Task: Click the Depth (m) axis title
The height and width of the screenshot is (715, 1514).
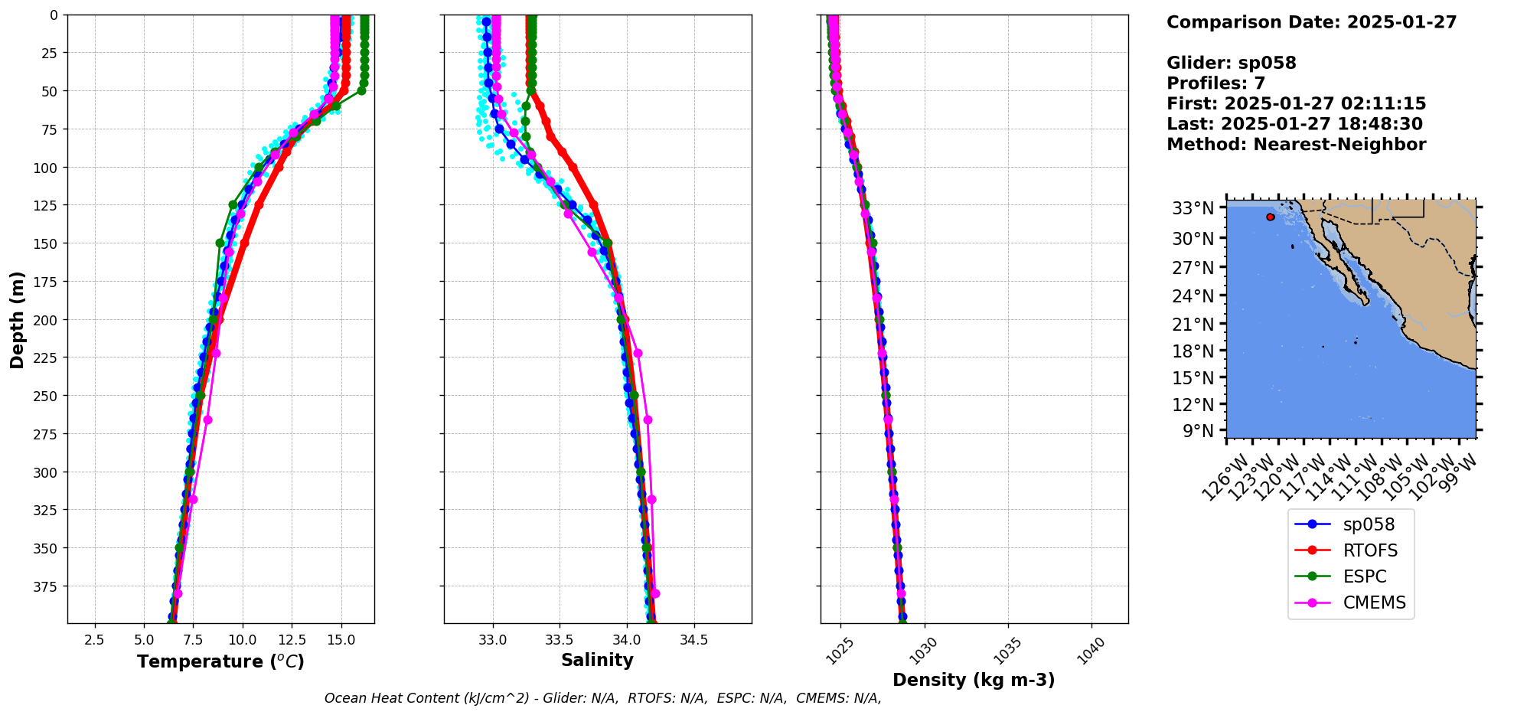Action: (x=17, y=319)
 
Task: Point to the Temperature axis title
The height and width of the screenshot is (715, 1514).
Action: (x=220, y=661)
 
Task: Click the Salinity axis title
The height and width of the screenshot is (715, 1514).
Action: (x=597, y=661)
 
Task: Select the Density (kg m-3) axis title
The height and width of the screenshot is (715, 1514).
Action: (x=974, y=680)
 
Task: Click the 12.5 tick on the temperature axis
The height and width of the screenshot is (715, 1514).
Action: (x=292, y=640)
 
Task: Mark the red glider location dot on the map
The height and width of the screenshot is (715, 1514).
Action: (x=1271, y=217)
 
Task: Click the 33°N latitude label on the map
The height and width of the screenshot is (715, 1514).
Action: (x=1193, y=208)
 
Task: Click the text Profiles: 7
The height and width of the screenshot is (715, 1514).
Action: (x=1215, y=83)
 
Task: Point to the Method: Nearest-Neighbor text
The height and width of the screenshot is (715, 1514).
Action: (x=1296, y=145)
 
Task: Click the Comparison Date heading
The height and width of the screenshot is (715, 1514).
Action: (x=1311, y=22)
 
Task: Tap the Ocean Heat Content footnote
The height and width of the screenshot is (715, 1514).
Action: (x=602, y=698)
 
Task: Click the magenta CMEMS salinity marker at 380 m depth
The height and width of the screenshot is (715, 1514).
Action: (x=655, y=594)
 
